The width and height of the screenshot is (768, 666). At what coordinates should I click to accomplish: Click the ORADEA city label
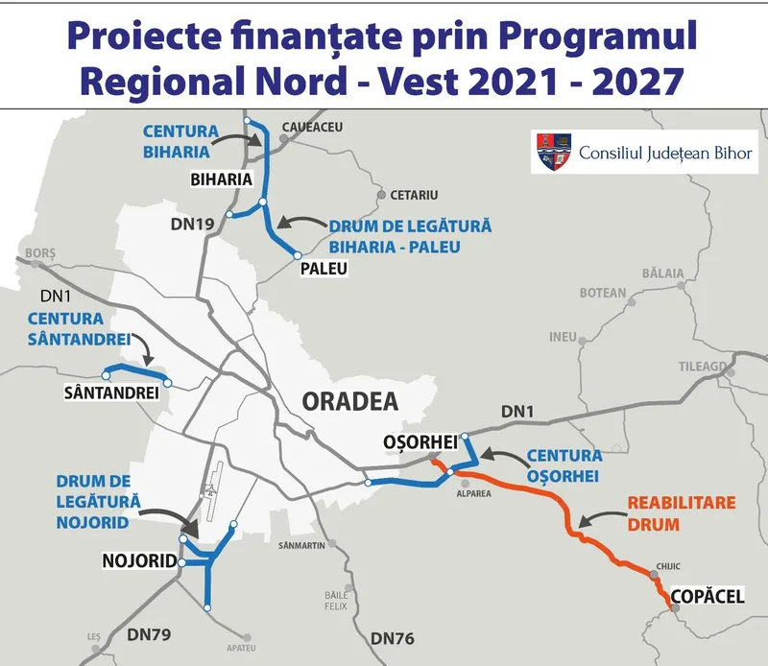tap(349, 401)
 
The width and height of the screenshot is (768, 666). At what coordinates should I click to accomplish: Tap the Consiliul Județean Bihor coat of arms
tap(552, 152)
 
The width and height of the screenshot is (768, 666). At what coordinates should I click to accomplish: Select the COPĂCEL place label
tap(708, 596)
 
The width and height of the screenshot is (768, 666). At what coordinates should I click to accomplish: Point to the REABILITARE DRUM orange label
tap(669, 513)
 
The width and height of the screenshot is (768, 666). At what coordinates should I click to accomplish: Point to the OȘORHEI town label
tap(419, 442)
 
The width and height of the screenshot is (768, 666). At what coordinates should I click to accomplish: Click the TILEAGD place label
tap(705, 367)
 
